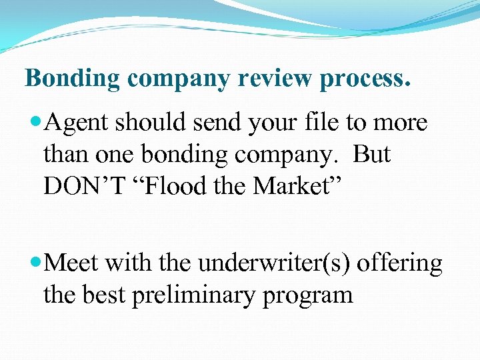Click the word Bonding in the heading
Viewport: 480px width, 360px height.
coord(73,79)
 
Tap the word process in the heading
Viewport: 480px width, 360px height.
coord(364,79)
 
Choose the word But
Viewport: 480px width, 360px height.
coord(371,155)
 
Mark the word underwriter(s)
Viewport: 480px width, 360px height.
coord(275,264)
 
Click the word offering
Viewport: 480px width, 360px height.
coord(400,264)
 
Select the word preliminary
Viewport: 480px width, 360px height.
coord(193,295)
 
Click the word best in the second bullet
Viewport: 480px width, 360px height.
coord(106,294)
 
